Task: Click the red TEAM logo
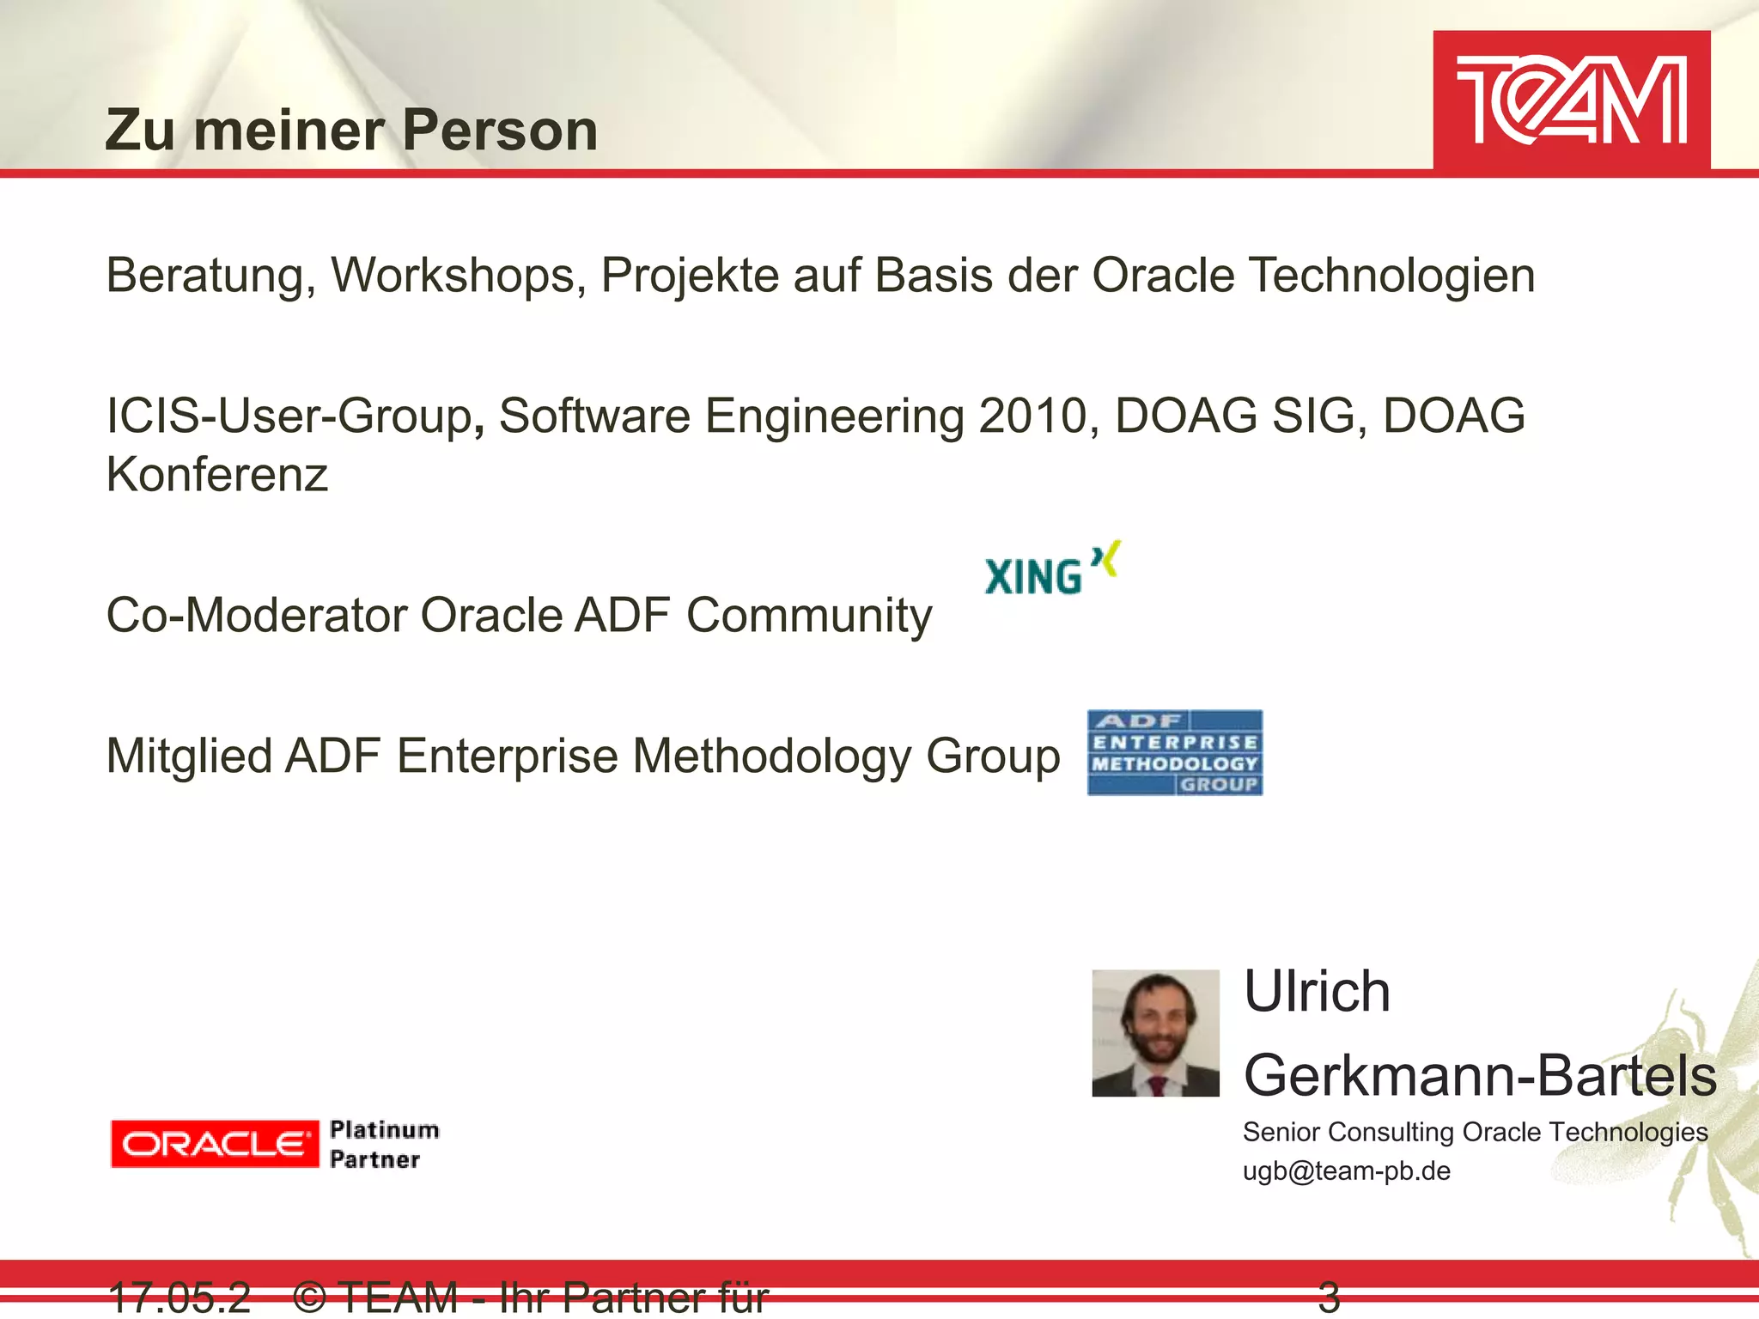click(x=1571, y=100)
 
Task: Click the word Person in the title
click(x=500, y=131)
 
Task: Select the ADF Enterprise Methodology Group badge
click(x=1174, y=753)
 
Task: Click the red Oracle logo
click(x=214, y=1144)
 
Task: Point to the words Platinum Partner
click(x=383, y=1144)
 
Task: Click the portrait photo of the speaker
click(x=1155, y=1033)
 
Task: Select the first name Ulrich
click(x=1316, y=992)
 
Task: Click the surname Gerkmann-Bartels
click(x=1480, y=1075)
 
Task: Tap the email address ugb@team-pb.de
click(x=1346, y=1171)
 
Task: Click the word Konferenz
click(x=216, y=475)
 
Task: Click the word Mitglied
click(x=189, y=757)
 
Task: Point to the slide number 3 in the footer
click(x=1329, y=1297)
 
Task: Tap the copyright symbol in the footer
click(x=309, y=1297)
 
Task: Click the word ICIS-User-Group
click(x=289, y=416)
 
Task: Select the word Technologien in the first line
click(x=1391, y=276)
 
